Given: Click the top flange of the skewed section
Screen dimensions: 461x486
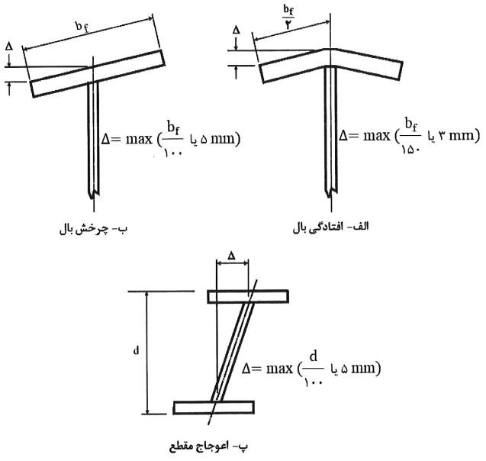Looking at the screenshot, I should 248,295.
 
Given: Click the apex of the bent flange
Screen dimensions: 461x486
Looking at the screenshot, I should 329,52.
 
